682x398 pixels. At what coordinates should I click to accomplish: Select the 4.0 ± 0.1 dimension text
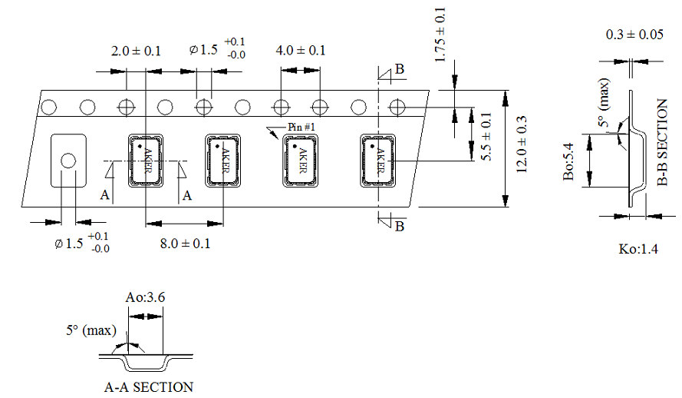pos(300,51)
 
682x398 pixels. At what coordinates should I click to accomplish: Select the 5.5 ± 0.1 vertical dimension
pos(485,136)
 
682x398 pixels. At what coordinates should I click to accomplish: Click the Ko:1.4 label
pos(638,249)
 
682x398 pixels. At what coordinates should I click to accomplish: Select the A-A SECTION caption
pos(149,386)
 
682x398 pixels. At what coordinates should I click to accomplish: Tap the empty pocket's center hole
pos(68,160)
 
